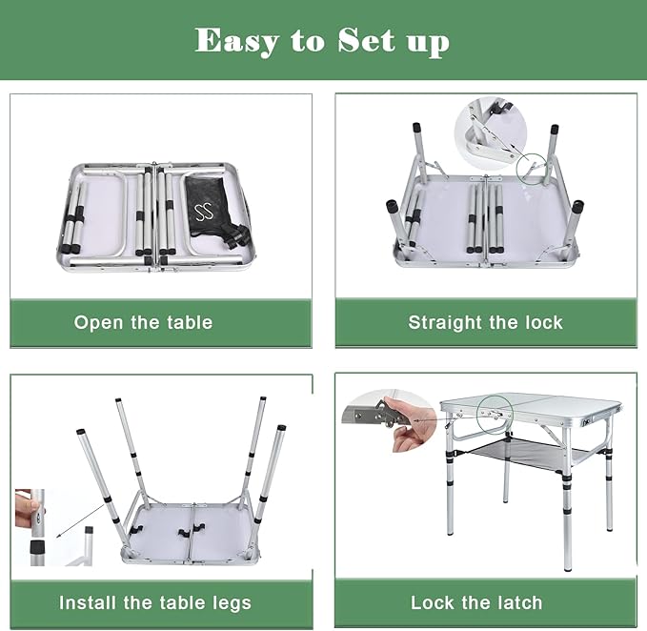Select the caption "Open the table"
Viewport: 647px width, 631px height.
143,322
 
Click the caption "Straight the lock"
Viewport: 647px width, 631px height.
485,322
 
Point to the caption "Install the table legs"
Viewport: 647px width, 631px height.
155,602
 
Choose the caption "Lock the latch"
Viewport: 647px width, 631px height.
476,602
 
